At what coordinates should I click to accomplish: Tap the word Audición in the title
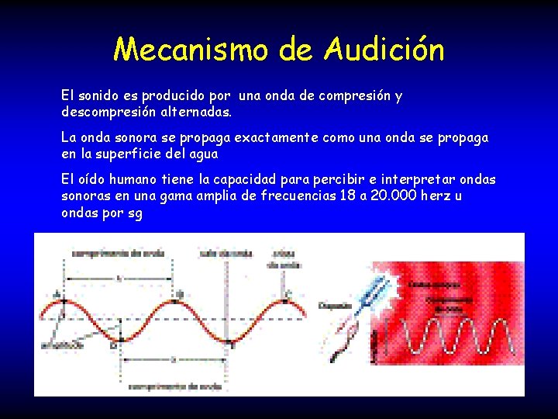[384, 50]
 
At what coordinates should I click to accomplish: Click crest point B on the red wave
[177, 296]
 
